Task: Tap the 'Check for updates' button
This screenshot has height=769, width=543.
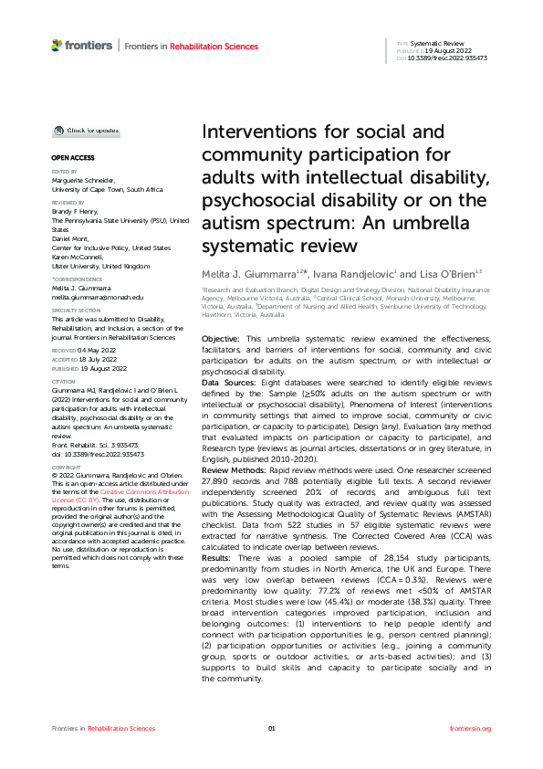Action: pos(85,131)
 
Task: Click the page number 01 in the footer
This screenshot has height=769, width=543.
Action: pos(271,728)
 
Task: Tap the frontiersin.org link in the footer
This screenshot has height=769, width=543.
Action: pos(471,728)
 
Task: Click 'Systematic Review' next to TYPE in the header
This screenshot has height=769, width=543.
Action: pos(438,43)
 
